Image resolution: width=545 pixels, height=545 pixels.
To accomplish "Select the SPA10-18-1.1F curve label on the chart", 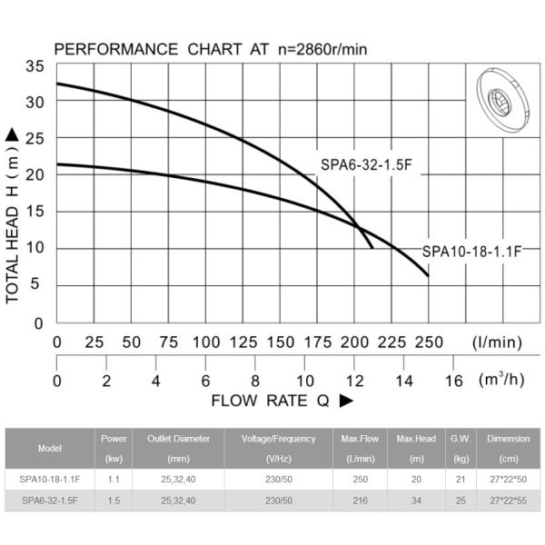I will coord(471,252).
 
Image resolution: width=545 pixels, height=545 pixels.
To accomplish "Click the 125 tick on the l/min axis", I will coord(243,342).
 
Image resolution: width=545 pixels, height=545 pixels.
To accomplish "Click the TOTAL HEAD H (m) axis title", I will coord(13,214).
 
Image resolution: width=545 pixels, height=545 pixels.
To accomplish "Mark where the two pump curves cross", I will coord(357,225).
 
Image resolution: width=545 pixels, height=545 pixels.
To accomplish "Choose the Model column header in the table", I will coord(50,448).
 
